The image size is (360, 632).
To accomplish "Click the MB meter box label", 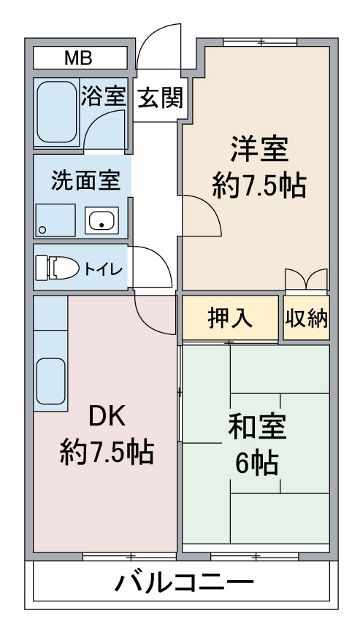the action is [78, 58].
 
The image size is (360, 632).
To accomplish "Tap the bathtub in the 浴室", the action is [56, 112].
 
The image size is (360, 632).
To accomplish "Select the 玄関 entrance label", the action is [161, 98].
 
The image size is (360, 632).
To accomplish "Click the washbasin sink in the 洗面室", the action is [102, 220].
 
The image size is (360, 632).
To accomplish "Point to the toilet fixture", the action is [57, 268].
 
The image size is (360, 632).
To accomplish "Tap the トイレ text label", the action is [103, 269].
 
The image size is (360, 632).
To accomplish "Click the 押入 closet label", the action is [230, 318].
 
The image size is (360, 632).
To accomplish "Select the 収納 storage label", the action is [307, 318].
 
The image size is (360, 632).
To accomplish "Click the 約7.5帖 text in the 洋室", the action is [258, 185].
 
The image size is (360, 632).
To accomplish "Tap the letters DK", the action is [107, 417].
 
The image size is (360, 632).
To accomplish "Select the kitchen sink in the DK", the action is [51, 381].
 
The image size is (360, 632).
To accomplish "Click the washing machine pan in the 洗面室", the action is [55, 220].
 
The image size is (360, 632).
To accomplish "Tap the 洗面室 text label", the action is [86, 180].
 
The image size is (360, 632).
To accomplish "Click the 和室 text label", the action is [257, 427].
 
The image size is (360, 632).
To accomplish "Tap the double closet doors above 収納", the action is [306, 279].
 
